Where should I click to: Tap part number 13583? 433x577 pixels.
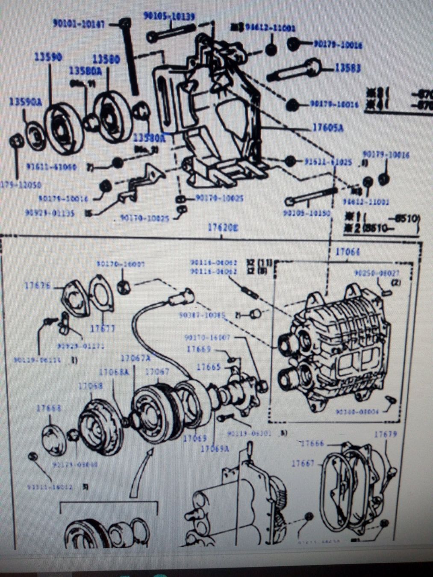coord(347,68)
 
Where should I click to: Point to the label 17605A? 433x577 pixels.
coord(328,127)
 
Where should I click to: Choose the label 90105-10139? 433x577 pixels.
coord(169,17)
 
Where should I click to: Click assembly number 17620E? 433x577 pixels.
coord(223,228)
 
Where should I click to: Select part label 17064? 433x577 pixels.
coord(347,252)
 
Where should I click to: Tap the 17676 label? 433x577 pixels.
coord(38,286)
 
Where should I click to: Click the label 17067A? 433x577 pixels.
coord(135,358)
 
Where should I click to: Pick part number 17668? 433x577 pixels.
coord(48,408)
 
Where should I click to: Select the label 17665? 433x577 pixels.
coord(209,367)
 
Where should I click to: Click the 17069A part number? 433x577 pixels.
coord(215,448)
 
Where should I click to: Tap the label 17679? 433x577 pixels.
coord(386,434)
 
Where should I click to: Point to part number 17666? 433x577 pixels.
coord(313,444)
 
